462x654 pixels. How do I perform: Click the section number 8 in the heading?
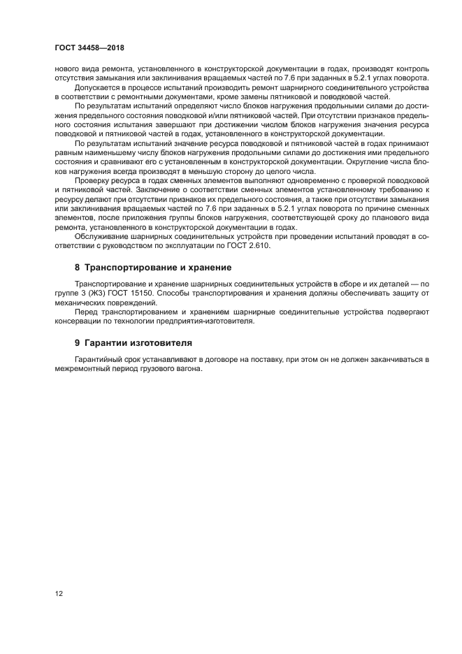78,268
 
